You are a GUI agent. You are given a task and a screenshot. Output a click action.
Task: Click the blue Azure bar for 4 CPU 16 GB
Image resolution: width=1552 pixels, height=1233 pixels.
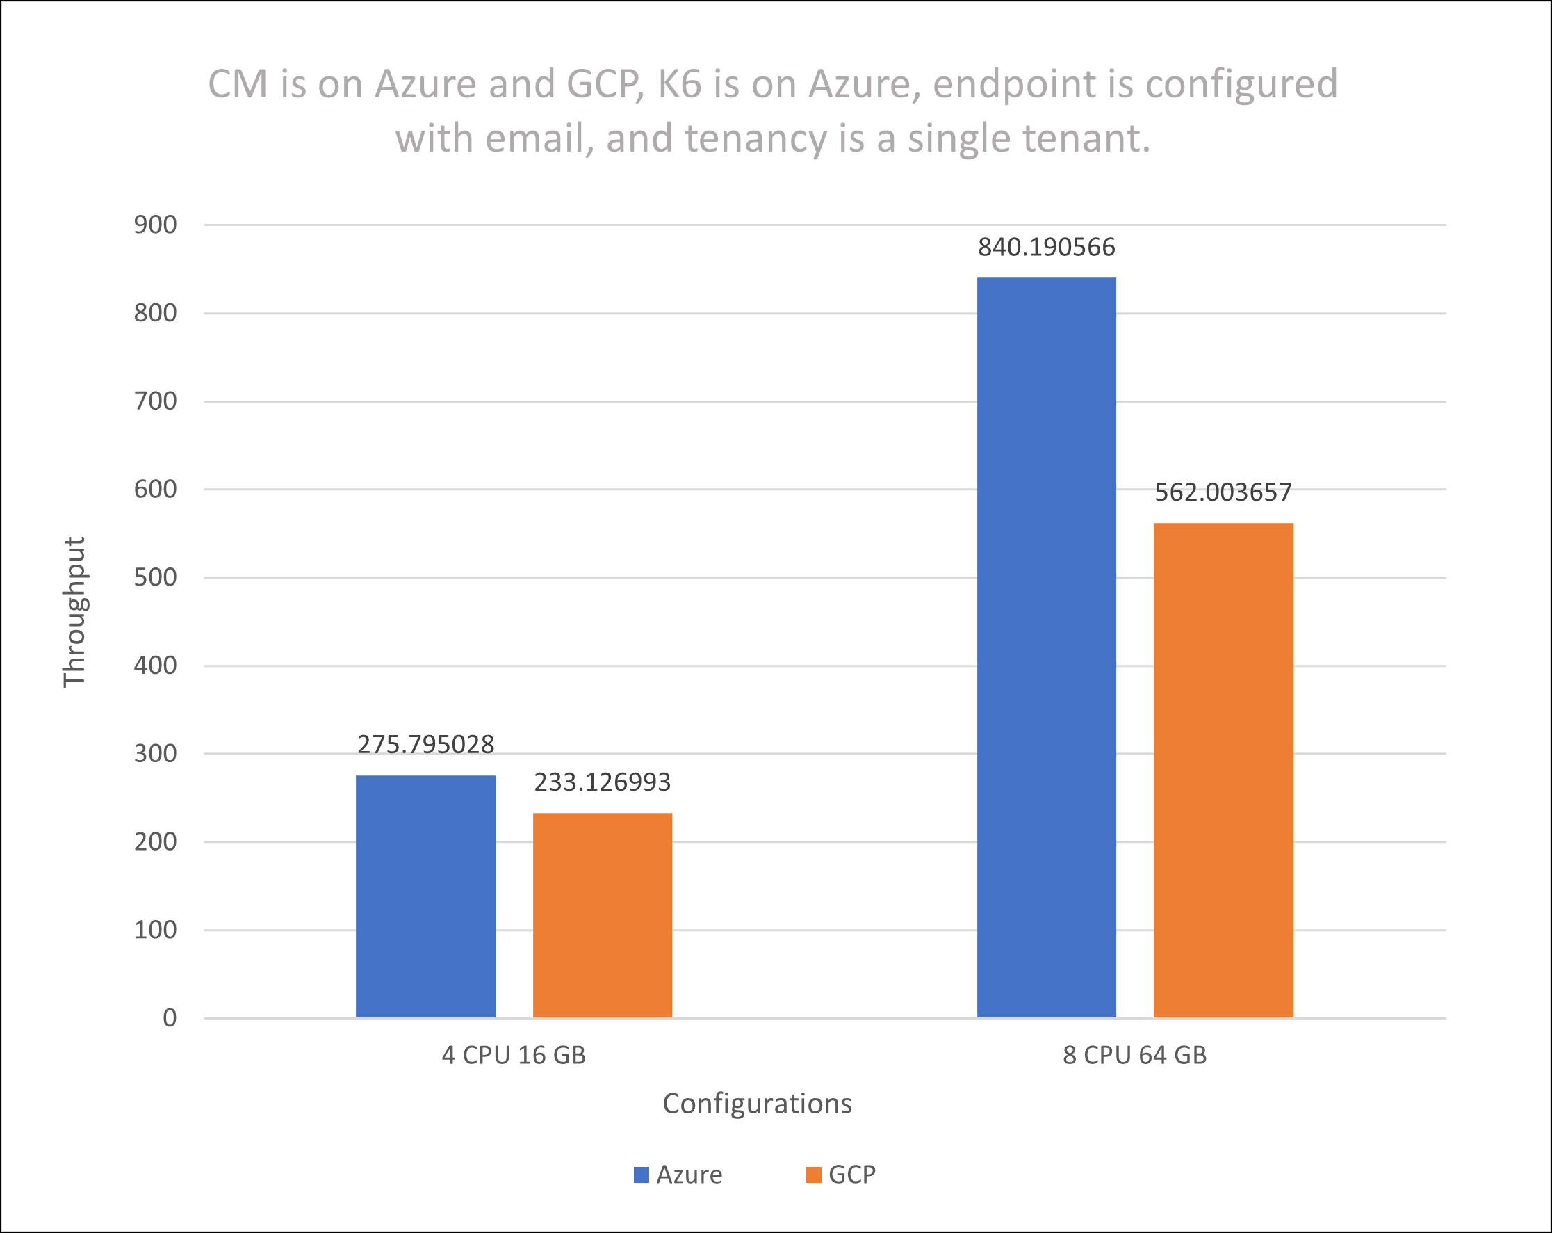click(425, 896)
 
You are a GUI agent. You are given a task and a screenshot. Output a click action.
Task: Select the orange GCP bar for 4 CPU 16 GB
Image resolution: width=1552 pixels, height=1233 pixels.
click(603, 914)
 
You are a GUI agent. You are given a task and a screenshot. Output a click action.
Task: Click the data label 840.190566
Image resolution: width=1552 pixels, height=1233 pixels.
click(1046, 247)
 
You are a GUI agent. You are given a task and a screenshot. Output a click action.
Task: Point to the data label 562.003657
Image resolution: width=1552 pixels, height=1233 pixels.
click(1223, 492)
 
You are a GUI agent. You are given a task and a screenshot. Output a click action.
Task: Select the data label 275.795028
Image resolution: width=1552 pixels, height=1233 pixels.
click(425, 745)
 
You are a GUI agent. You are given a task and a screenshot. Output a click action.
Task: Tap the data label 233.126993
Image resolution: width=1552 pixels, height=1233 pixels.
click(603, 782)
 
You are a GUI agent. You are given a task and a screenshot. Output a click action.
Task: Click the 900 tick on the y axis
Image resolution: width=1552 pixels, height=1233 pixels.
click(156, 225)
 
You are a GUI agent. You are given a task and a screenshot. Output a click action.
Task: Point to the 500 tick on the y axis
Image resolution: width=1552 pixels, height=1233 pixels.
click(156, 578)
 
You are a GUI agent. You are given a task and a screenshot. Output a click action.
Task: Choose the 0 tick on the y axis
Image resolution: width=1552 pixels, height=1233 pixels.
click(169, 1017)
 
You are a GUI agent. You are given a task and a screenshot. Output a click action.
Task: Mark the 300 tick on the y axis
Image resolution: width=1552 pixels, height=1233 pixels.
click(156, 753)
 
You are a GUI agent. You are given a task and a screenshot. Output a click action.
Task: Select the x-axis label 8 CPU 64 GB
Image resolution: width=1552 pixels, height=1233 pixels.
click(1134, 1055)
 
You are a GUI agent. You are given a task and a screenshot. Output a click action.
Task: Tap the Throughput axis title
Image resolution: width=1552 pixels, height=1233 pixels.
click(74, 612)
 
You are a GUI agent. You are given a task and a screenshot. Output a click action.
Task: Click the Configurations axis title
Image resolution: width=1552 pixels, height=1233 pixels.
click(757, 1104)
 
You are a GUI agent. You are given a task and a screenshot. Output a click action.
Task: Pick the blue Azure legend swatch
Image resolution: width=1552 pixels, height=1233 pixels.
click(641, 1175)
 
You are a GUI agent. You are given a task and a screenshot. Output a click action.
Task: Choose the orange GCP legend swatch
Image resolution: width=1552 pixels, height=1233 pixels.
click(813, 1175)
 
